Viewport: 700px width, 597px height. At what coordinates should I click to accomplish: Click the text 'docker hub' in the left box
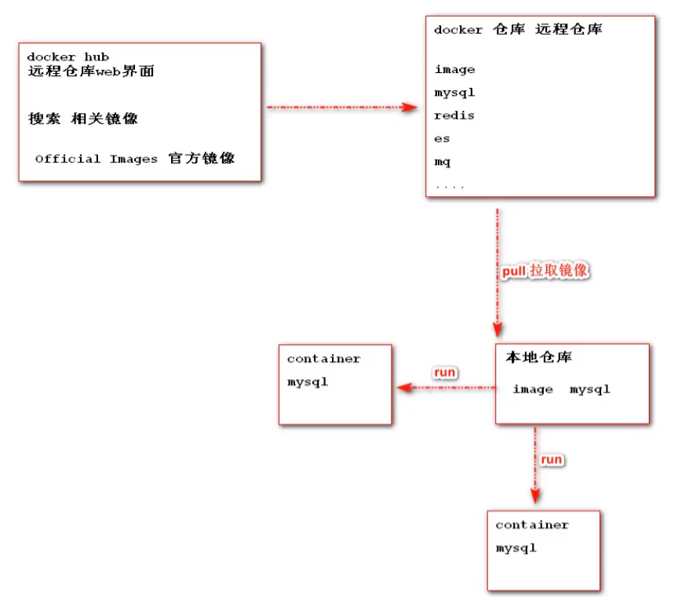pos(67,57)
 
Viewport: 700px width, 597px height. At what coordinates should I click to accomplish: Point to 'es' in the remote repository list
pos(442,138)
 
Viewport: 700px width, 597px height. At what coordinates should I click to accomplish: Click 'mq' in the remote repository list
pos(443,162)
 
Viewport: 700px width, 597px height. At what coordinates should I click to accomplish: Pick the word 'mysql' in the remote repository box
pos(454,93)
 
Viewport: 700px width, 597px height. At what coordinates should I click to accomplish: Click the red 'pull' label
pos(514,271)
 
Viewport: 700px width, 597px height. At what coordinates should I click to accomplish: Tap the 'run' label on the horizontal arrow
pos(444,372)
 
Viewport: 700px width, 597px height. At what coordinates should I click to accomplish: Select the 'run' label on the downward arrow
pos(551,459)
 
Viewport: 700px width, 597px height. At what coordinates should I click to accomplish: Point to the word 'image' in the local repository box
pos(533,390)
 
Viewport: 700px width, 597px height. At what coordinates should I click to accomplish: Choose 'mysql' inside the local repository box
pos(590,390)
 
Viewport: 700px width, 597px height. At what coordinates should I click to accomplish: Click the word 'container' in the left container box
pos(323,359)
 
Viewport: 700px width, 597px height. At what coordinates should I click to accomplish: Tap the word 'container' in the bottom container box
pos(532,525)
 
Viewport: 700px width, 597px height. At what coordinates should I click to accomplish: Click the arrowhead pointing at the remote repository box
pos(410,107)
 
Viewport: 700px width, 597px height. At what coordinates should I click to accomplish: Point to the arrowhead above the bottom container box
pos(535,496)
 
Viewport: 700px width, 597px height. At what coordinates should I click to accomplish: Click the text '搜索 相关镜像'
pos(83,119)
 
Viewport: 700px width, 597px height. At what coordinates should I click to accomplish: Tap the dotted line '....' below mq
pos(450,187)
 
